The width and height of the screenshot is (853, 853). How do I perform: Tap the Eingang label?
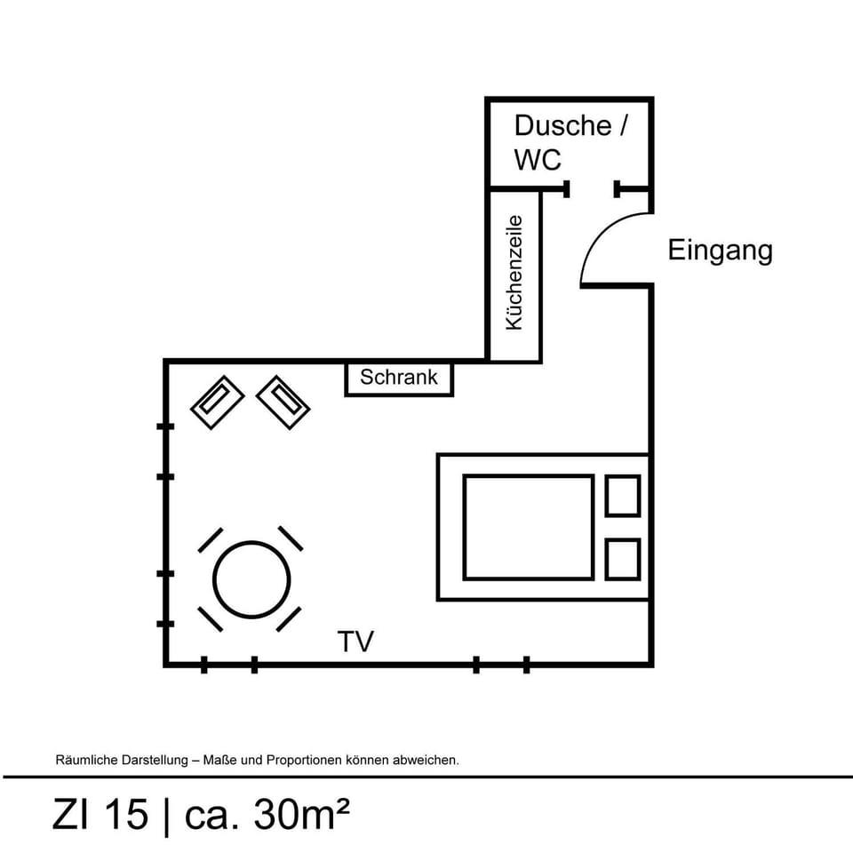[x=720, y=251]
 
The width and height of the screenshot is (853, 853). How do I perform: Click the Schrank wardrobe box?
[x=399, y=378]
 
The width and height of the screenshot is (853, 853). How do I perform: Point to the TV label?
[x=355, y=641]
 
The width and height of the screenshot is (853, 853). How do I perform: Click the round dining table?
[x=252, y=580]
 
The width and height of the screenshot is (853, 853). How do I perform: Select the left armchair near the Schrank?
[x=217, y=403]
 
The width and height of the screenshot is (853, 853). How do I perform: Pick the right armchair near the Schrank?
[x=283, y=403]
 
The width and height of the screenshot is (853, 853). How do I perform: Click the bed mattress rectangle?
[x=528, y=527]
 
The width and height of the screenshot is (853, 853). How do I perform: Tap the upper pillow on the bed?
[x=622, y=496]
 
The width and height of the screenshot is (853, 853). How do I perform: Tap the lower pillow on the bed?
[x=622, y=559]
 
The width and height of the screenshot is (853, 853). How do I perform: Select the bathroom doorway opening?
[x=592, y=188]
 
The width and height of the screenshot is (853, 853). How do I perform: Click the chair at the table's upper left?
[x=211, y=539]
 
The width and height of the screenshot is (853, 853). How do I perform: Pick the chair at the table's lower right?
[x=289, y=619]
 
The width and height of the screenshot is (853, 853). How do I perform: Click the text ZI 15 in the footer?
[x=100, y=815]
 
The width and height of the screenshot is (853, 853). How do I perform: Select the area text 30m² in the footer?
[x=301, y=815]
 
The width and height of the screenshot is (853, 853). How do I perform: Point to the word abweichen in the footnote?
[x=427, y=761]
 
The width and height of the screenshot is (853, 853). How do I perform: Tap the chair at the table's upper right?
[x=291, y=538]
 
